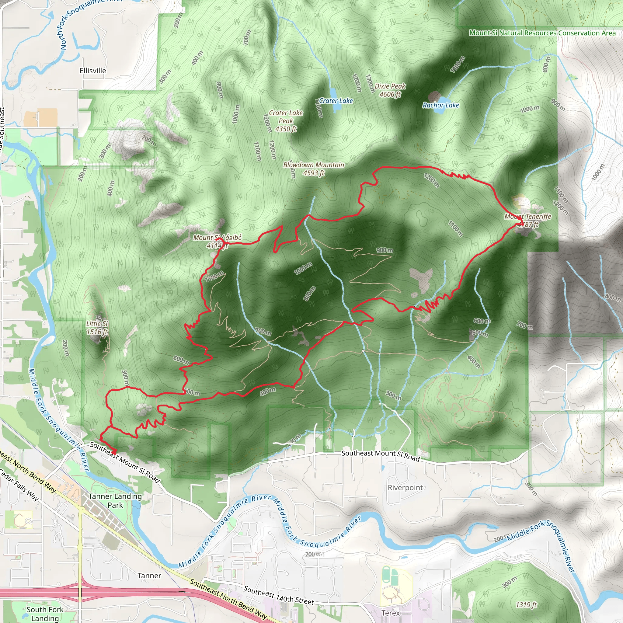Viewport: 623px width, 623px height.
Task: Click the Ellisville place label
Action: tap(93, 71)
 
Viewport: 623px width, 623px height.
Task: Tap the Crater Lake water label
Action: tap(336, 101)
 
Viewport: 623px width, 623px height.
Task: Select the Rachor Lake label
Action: tap(440, 105)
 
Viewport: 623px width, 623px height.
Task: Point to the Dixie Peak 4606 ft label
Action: tap(390, 90)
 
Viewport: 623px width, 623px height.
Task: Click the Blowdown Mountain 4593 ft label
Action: tap(314, 169)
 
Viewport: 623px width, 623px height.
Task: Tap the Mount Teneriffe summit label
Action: tap(528, 221)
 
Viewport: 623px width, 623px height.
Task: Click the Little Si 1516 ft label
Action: tap(97, 328)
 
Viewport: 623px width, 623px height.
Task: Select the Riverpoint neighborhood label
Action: tap(405, 488)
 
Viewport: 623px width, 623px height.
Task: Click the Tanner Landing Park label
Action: tap(115, 501)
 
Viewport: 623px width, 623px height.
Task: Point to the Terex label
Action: tap(391, 613)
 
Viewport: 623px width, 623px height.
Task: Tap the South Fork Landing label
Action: tap(45, 614)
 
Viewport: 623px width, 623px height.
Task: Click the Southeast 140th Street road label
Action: tap(279, 595)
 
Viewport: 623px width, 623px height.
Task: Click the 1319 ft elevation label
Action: tap(526, 605)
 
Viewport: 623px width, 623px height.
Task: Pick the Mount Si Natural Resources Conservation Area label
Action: tap(542, 33)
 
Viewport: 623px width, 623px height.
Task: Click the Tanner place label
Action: tap(149, 576)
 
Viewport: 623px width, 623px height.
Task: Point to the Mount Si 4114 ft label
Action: tap(217, 242)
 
